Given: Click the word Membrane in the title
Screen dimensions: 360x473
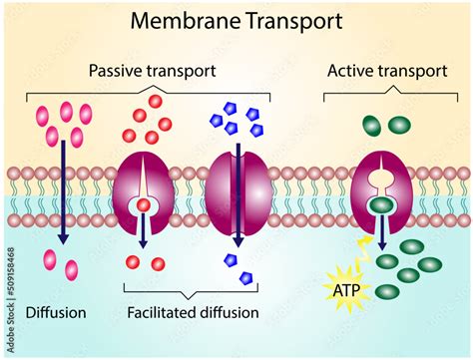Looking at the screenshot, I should pos(193,19).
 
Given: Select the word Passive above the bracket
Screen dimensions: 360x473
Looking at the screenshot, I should pos(117,71).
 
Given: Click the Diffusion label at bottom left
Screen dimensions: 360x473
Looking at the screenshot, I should pos(55,313).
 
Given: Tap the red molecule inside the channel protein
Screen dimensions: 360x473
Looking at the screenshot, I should pos(144,204).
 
